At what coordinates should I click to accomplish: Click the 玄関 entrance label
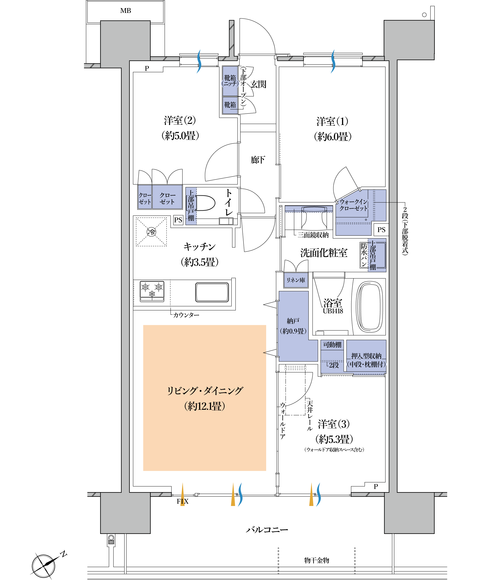click(x=258, y=84)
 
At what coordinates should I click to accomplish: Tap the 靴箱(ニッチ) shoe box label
click(x=230, y=80)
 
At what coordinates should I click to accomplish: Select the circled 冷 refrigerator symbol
click(x=151, y=232)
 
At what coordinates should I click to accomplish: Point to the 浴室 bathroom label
click(x=333, y=303)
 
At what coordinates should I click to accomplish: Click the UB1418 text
click(x=333, y=311)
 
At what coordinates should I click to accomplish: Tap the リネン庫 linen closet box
click(x=296, y=280)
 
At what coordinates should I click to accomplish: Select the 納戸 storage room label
click(x=293, y=321)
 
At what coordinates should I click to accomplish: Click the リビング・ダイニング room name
click(x=205, y=391)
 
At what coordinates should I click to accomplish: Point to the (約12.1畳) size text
click(x=205, y=406)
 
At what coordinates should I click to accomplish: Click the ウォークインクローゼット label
click(x=353, y=205)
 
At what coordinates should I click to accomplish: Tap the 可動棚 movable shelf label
click(x=332, y=345)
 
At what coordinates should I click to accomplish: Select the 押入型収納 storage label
click(x=366, y=356)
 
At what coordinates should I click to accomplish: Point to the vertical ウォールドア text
click(x=283, y=421)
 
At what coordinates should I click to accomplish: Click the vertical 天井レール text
click(x=310, y=416)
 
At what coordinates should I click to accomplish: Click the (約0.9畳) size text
click(x=293, y=331)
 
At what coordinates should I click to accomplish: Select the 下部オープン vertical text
click(x=243, y=86)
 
